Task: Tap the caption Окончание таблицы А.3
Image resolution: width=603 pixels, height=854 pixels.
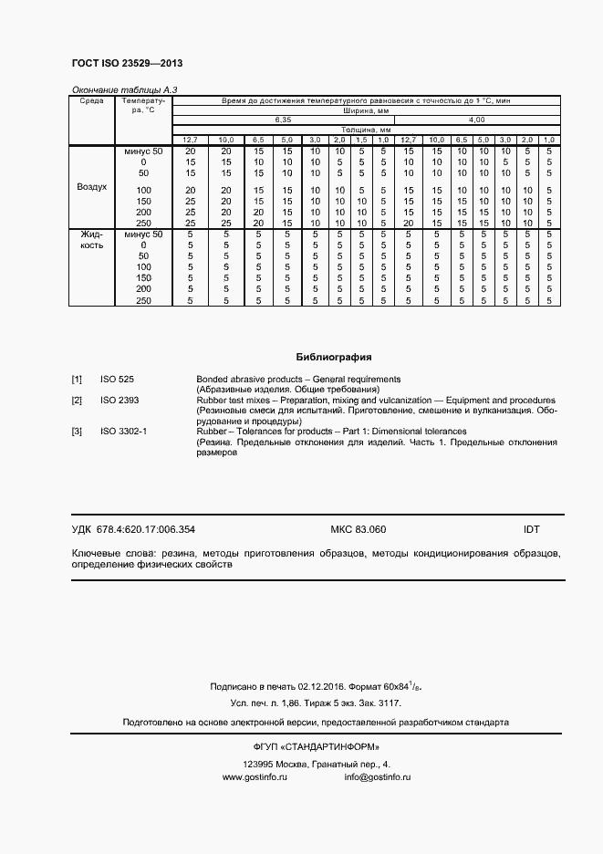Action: click(x=118, y=89)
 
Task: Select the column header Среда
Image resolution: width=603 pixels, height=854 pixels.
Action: click(x=91, y=100)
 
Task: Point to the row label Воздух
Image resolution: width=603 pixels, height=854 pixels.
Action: click(x=91, y=186)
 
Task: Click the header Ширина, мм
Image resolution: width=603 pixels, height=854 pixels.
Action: click(x=364, y=110)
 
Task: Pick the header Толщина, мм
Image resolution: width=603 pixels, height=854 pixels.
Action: click(x=364, y=130)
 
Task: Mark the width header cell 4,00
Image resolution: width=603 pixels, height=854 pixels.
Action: click(x=476, y=120)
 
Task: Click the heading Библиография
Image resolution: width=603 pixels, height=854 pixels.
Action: click(x=334, y=357)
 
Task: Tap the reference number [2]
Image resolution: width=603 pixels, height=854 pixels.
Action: click(x=78, y=400)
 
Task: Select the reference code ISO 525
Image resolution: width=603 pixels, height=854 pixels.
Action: click(x=117, y=379)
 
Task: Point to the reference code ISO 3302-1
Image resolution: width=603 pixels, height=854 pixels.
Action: click(x=123, y=432)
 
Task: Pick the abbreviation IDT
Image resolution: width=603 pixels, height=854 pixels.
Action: click(x=532, y=529)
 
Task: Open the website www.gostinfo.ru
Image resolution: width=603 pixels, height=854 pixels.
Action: click(x=255, y=776)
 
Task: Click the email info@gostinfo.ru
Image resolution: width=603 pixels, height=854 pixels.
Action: click(x=378, y=776)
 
